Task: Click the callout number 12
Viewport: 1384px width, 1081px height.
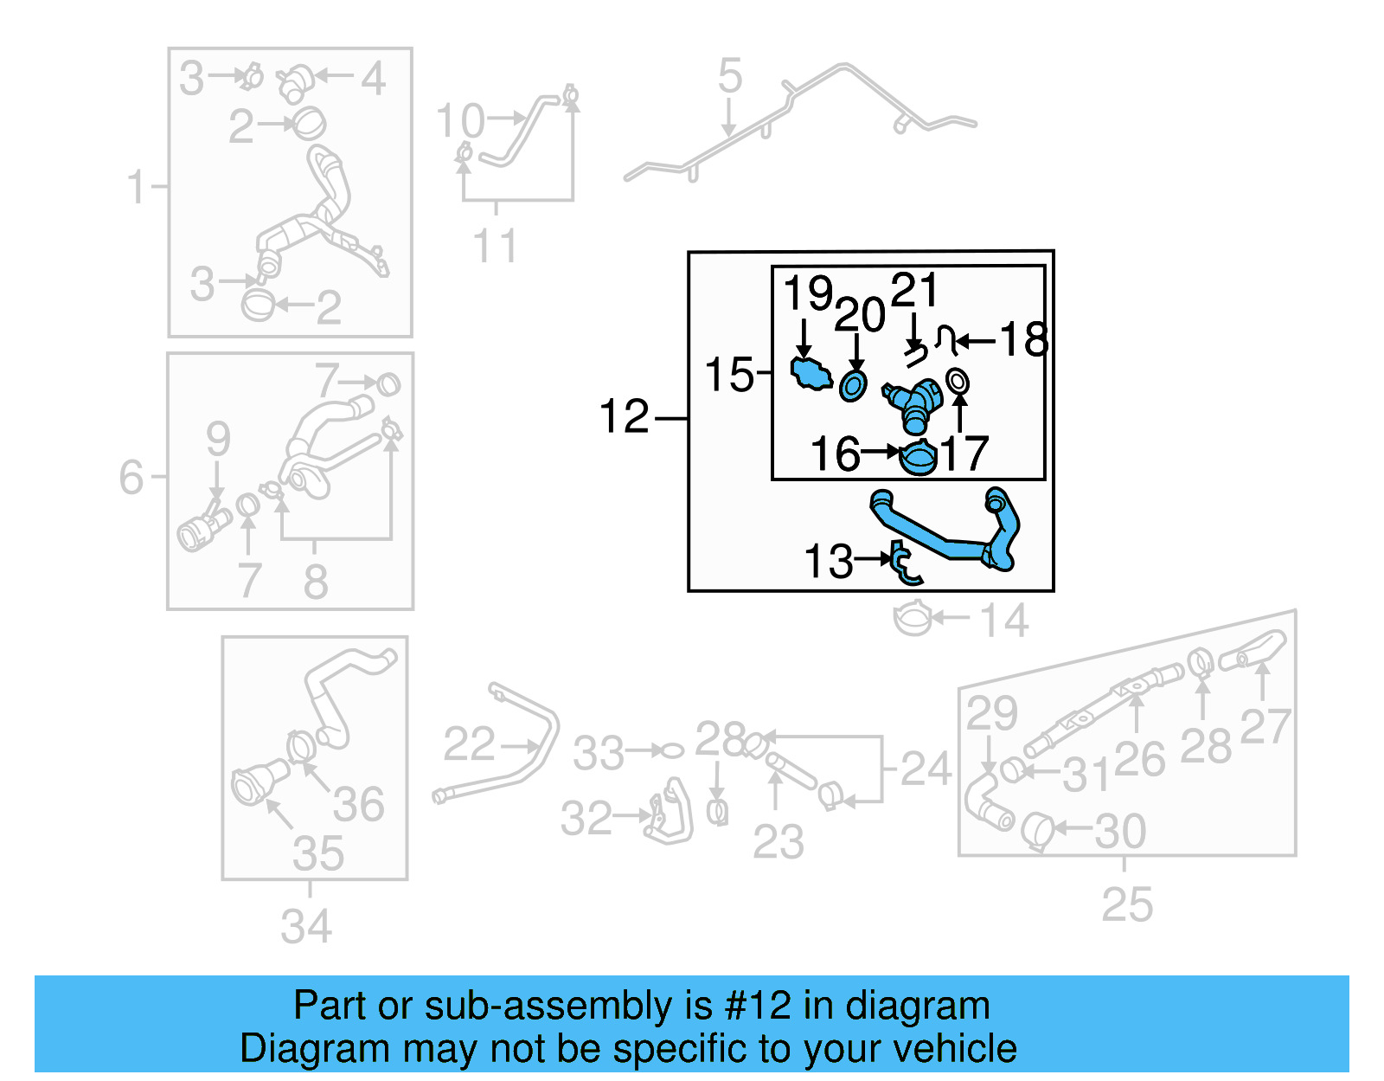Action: coord(624,417)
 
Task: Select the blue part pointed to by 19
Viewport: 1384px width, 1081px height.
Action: coord(811,374)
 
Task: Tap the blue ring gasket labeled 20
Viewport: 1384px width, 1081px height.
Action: coord(853,386)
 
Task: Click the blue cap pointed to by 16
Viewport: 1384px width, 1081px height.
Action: coord(918,458)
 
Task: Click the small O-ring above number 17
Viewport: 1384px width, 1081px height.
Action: coord(957,381)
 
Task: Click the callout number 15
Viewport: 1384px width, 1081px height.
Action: coord(729,375)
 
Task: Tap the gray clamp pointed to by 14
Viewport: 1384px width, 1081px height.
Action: coord(912,619)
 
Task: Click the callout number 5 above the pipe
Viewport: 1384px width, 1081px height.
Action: coord(729,76)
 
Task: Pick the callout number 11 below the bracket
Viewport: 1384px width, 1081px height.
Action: coord(495,246)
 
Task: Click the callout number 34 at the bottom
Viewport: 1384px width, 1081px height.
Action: coord(306,926)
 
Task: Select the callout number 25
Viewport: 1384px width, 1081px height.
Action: coord(1126,905)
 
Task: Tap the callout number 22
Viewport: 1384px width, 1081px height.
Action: coord(469,744)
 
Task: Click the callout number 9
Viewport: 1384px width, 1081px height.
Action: coord(218,439)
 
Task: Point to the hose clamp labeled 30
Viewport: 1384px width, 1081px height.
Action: coord(1036,831)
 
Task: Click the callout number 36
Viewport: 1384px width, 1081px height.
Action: coord(358,804)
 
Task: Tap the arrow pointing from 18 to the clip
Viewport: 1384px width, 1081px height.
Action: coord(976,342)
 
